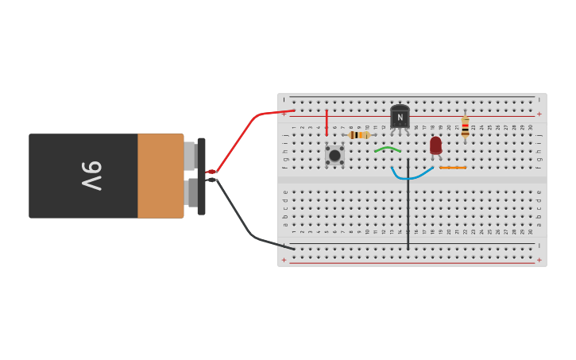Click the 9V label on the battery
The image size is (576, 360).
click(x=91, y=176)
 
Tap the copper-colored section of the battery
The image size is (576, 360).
click(x=160, y=176)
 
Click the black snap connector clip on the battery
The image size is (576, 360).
click(x=202, y=176)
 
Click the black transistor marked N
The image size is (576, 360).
click(x=400, y=118)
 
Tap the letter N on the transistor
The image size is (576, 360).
click(x=400, y=118)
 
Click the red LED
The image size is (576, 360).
click(x=435, y=145)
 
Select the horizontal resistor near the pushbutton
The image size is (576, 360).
click(x=359, y=135)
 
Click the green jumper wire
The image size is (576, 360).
click(x=388, y=148)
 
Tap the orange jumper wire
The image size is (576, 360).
click(x=453, y=168)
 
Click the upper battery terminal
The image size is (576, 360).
click(x=190, y=156)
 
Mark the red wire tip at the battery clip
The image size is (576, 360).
click(x=211, y=172)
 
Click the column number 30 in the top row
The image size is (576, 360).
click(x=531, y=127)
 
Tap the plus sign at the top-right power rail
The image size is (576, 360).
click(x=539, y=114)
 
